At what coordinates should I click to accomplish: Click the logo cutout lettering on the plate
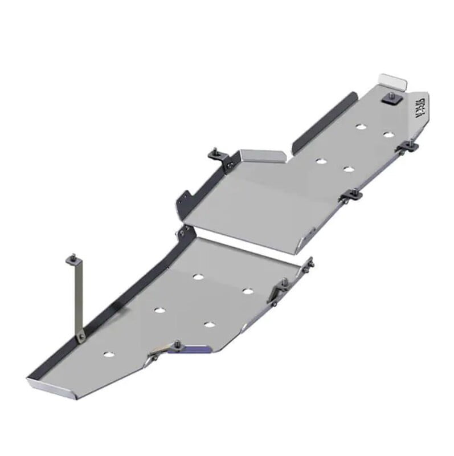pos(422,105)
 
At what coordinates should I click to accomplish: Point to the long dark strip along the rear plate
pos(322,123)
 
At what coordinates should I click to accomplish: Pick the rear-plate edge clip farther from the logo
pos(351,197)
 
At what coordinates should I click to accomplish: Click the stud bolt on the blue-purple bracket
pos(178,344)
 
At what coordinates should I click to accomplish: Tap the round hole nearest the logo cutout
pos(388,135)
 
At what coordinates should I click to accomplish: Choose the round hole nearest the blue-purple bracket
pos(209,325)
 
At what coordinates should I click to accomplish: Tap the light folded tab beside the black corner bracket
pos(262,155)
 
